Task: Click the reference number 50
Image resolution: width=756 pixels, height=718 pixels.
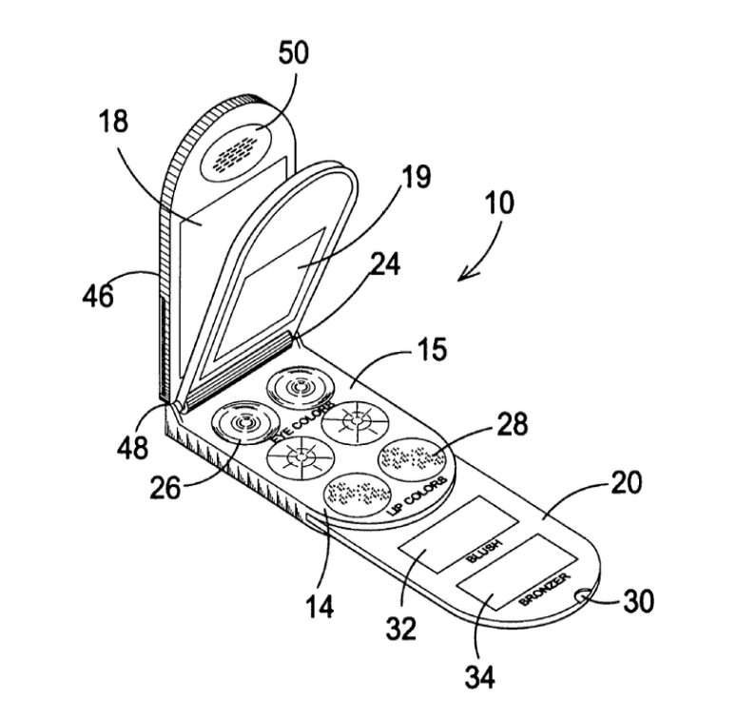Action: tap(293, 53)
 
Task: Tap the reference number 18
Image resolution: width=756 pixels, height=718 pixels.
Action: tap(114, 121)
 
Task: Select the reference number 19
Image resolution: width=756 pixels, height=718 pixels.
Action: tap(417, 177)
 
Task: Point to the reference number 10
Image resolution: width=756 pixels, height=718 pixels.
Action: tap(500, 203)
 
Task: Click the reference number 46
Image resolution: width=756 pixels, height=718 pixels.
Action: tap(98, 296)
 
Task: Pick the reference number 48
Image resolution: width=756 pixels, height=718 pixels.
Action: tap(132, 448)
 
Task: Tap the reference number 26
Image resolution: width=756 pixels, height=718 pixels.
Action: tap(165, 488)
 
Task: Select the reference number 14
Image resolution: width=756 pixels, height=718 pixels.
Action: tap(320, 607)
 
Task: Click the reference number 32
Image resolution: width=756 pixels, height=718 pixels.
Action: tap(401, 629)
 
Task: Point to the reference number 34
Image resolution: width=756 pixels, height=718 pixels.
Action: tap(479, 677)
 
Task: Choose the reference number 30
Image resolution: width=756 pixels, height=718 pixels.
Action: tap(639, 601)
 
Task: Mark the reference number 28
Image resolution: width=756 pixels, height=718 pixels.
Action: tap(513, 424)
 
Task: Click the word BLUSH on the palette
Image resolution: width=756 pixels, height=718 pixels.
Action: tap(484, 551)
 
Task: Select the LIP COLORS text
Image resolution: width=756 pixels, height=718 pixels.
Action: tap(417, 497)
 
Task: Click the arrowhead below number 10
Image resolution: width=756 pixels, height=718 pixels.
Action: tap(467, 275)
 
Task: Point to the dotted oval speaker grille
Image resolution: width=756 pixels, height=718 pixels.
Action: tap(236, 155)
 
